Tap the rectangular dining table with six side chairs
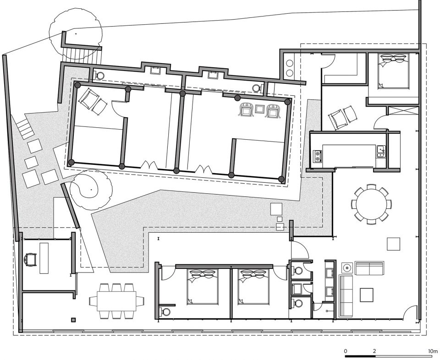point(117,301)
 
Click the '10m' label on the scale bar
point(433,351)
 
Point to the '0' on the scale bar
point(346,351)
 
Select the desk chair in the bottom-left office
point(30,260)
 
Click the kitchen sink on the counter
point(381,152)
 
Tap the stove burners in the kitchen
point(318,156)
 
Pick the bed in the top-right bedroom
point(393,71)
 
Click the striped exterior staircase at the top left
point(82,55)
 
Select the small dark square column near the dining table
point(73,320)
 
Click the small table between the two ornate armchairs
point(259,109)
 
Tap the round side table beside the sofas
point(347,268)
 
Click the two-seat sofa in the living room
point(369,268)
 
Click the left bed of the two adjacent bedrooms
point(202,287)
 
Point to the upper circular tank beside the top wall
point(289,63)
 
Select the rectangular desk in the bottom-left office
point(44,258)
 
